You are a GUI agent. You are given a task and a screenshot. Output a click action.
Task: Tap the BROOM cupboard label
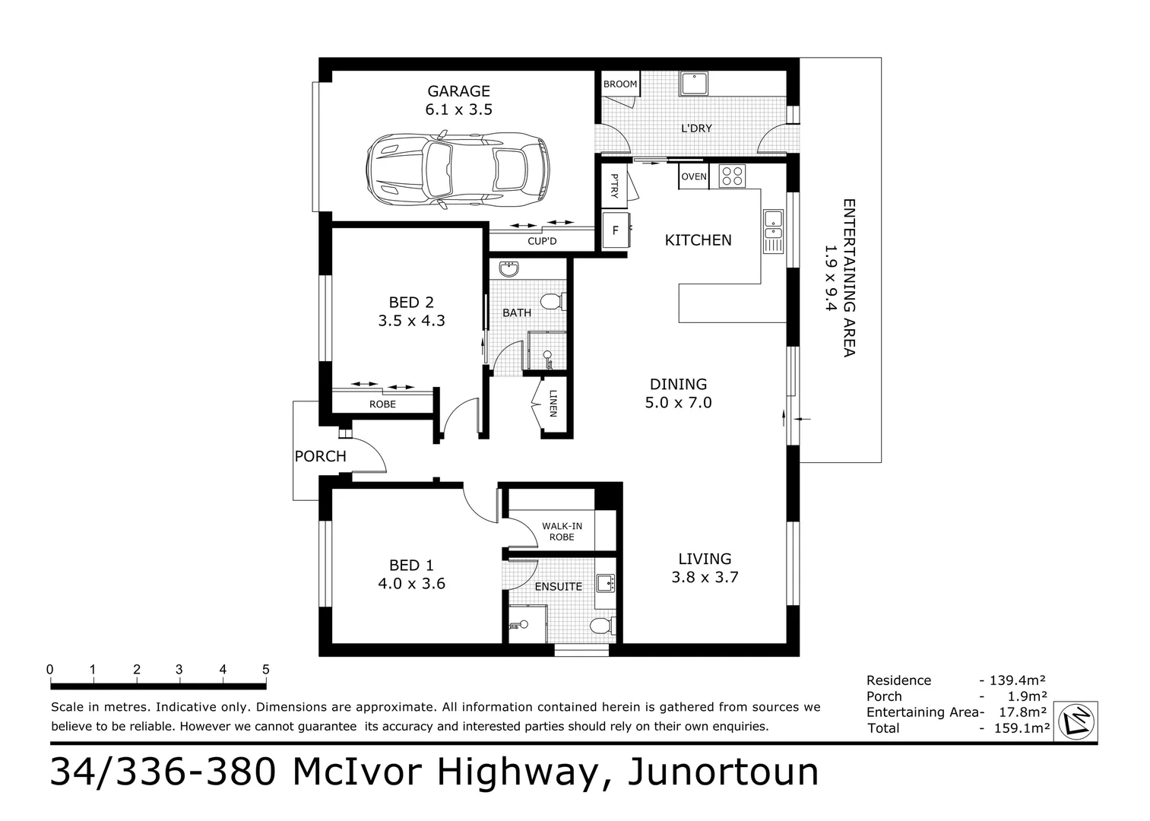point(620,84)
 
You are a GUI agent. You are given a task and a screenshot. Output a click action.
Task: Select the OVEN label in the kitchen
point(694,176)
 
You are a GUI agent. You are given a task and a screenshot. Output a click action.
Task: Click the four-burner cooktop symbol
point(732,176)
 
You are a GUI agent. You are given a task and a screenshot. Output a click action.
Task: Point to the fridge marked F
point(616,230)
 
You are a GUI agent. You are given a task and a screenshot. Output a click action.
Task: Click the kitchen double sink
point(773,232)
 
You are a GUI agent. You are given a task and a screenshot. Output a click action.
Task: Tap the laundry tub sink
point(694,84)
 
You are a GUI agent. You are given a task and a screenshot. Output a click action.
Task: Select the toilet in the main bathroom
point(553,301)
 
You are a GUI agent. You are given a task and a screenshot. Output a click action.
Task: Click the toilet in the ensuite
point(602,626)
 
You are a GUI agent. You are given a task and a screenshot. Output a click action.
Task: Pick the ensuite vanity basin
point(606,584)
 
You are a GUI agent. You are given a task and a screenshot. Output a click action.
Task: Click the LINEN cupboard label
point(553,404)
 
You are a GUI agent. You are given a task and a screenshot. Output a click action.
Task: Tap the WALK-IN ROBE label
point(562,531)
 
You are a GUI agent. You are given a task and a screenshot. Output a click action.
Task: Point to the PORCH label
point(320,456)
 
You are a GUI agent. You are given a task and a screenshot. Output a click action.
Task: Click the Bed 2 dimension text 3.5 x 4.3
point(411,321)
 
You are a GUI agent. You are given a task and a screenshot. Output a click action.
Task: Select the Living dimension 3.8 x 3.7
point(705,577)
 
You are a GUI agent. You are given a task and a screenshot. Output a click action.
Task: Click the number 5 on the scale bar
point(265,670)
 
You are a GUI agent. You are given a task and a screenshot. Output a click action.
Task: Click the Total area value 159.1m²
point(1022,728)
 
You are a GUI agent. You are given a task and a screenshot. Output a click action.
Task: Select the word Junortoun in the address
point(722,772)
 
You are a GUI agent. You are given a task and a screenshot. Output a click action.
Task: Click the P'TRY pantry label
point(615,186)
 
